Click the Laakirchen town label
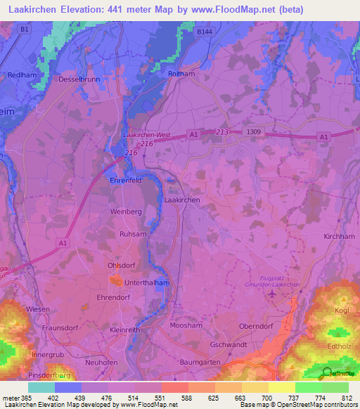coord(182,200)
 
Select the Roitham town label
coord(181,73)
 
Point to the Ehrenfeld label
coord(127,180)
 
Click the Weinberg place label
coord(126,211)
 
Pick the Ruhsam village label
coord(133,234)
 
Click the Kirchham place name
coord(339,238)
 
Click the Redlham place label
coord(20,74)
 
